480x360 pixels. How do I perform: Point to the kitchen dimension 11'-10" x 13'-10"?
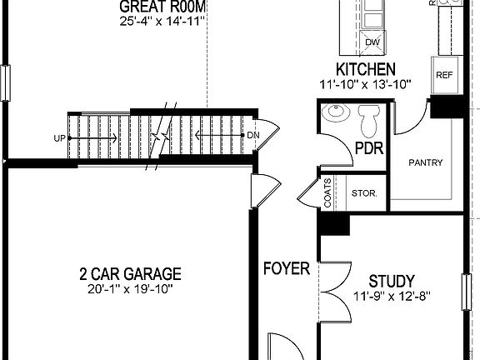(x=365, y=83)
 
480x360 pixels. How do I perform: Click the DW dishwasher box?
(x=372, y=42)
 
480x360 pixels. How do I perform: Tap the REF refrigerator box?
(x=443, y=75)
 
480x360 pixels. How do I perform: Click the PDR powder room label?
(x=367, y=149)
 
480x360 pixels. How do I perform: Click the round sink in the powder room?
(x=337, y=114)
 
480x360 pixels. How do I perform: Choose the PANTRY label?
(x=426, y=162)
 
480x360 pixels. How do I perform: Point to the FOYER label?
(x=287, y=268)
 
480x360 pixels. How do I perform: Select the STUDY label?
(x=391, y=281)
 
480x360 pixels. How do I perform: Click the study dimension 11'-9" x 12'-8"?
(x=391, y=296)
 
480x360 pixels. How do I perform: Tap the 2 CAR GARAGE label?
(x=130, y=273)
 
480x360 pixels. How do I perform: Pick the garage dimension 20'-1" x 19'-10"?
(x=130, y=288)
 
